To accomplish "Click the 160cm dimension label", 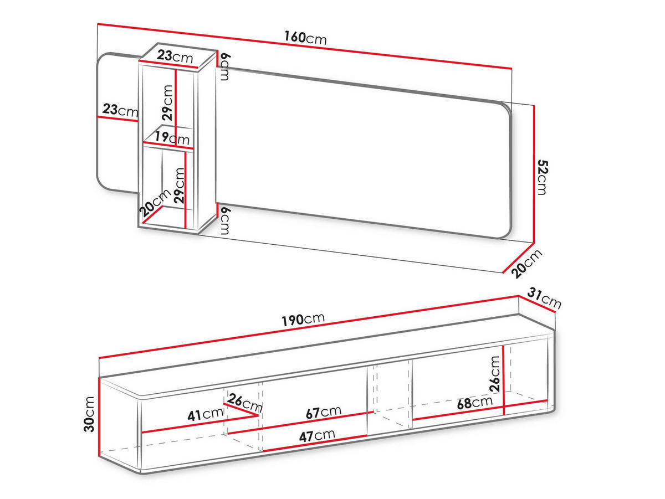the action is coord(305,38).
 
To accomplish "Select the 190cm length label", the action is coord(303,319).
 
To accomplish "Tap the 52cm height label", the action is coord(543,178).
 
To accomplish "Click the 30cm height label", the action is coord(90,414).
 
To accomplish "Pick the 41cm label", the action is coord(206,414).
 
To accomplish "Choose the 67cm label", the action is coord(324,412).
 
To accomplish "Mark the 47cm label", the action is coord(317,436).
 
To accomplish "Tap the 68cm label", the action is coord(475,403).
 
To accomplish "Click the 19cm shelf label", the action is coord(172,138).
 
